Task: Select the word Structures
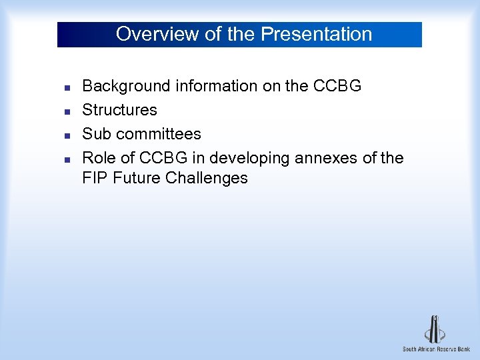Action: tap(119, 110)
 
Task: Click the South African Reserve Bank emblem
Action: tap(435, 329)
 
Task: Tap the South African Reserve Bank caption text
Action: tap(436, 349)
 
